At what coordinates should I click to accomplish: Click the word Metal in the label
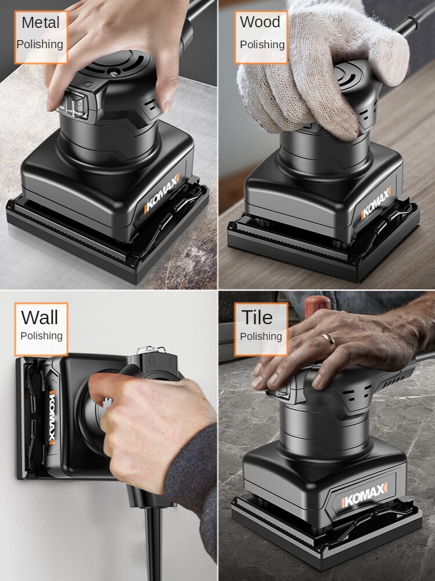tap(41, 23)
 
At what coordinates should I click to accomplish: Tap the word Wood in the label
tap(260, 22)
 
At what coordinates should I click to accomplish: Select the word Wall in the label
tap(39, 318)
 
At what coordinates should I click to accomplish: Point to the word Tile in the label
tap(257, 318)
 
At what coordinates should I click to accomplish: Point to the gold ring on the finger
tap(329, 340)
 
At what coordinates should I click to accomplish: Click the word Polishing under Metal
tap(40, 44)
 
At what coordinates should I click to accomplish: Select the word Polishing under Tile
tap(261, 336)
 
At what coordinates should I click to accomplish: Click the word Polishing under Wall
tap(41, 336)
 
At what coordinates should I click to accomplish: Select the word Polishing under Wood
tap(262, 45)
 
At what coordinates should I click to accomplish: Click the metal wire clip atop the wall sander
tap(152, 351)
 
